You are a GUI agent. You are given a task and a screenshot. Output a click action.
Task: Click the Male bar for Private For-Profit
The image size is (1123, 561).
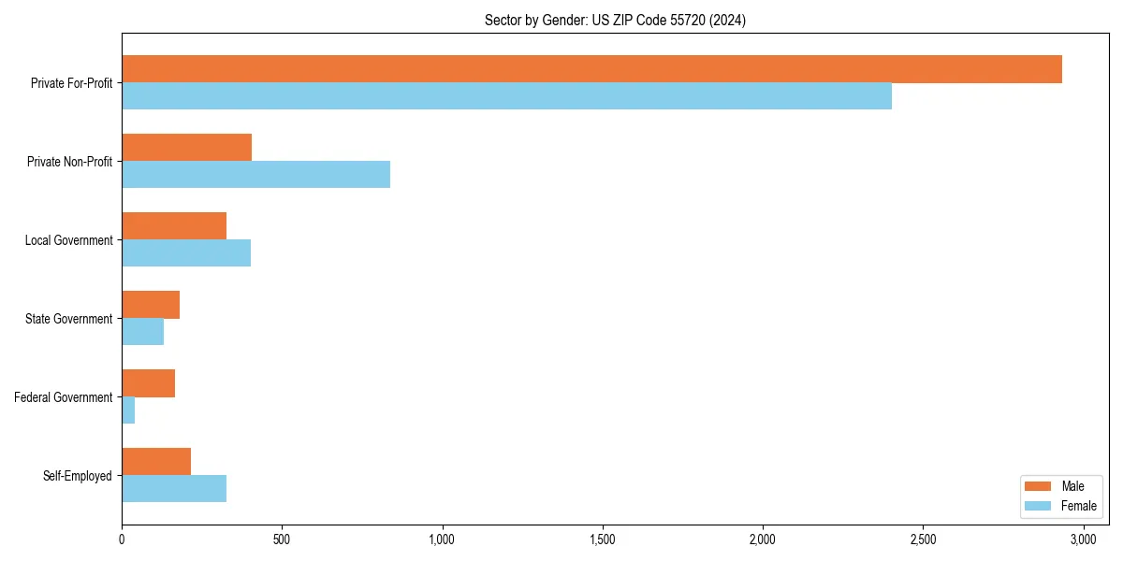pos(591,69)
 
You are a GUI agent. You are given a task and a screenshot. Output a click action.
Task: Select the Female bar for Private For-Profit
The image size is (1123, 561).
pos(506,96)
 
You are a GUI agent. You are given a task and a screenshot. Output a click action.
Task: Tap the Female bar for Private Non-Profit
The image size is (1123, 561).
pos(255,175)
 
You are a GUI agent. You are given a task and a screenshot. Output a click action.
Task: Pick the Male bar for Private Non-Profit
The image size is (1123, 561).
pos(186,148)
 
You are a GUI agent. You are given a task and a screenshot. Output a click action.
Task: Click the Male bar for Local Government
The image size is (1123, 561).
pos(174,226)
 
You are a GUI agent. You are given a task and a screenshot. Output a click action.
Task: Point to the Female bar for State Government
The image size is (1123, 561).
pos(142,332)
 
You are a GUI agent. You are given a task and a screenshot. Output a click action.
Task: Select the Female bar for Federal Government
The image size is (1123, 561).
pos(128,410)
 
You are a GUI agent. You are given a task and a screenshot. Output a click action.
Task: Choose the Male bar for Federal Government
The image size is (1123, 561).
pos(148,383)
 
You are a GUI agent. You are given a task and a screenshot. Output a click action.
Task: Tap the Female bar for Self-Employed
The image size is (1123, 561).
pos(174,489)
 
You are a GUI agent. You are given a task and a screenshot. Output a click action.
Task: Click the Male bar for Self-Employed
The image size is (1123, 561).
pos(156,462)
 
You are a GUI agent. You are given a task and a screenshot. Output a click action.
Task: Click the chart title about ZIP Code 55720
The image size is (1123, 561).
pos(615,20)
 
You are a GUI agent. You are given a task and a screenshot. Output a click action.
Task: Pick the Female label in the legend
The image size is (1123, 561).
pos(1078,506)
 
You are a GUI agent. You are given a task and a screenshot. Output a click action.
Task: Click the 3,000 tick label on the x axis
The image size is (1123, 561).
pos(1083,540)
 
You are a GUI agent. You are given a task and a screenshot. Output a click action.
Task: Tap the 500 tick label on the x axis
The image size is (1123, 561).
pos(282,540)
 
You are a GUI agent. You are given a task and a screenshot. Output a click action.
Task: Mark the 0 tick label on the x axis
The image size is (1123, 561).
pos(122,540)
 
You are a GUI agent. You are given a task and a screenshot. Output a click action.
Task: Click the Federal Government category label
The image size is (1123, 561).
pos(64,397)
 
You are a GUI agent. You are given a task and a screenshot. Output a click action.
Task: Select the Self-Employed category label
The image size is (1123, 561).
pos(78,476)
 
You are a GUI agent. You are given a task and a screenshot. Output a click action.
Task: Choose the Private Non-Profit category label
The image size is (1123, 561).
pos(69,162)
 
